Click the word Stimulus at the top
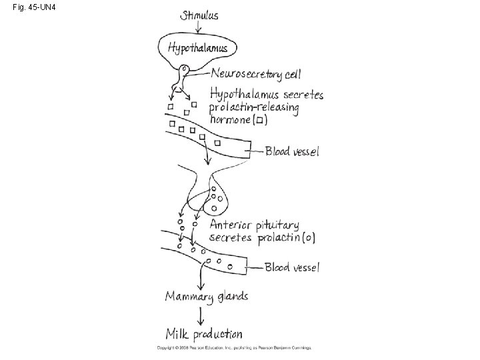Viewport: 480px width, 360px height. click(x=198, y=15)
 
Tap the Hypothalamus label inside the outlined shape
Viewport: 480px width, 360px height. click(x=197, y=47)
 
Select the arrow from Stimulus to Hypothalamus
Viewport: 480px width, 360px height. click(x=198, y=27)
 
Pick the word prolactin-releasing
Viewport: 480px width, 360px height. click(x=254, y=107)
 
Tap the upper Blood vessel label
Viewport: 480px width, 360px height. click(x=292, y=151)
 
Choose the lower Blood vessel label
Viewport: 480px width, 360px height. click(x=292, y=267)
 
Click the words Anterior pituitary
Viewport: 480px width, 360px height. click(x=254, y=225)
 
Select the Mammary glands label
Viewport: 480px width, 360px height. click(x=207, y=297)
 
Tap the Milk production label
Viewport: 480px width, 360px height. click(x=204, y=333)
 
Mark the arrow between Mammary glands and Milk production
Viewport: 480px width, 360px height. click(x=200, y=315)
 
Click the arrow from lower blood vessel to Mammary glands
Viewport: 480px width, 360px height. click(x=201, y=277)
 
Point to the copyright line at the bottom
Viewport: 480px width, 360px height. click(x=234, y=348)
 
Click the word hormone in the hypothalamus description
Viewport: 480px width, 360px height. click(x=231, y=120)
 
